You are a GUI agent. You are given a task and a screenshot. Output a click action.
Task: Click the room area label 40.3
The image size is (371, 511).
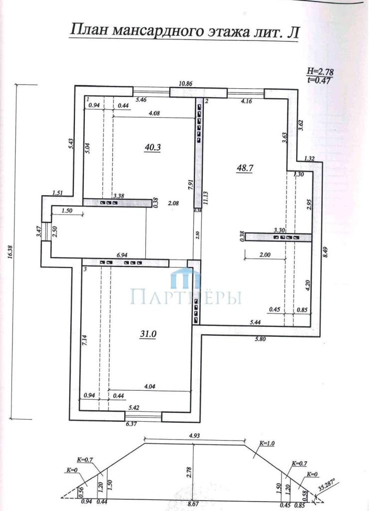pos(153,147)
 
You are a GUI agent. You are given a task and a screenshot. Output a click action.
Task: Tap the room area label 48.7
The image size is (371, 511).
pos(245,168)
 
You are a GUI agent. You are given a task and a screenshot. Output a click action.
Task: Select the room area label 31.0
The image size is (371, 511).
pos(148,333)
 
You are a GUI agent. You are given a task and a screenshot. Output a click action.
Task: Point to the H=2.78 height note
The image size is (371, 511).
pos(321,71)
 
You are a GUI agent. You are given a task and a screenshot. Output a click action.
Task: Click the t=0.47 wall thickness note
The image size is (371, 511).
pos(321,79)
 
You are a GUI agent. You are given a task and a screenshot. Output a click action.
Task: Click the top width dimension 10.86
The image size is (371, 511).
pos(186,83)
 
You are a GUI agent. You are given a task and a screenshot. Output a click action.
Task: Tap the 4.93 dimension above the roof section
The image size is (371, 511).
pos(195,435)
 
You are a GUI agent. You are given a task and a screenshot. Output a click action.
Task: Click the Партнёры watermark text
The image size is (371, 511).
pos(186,296)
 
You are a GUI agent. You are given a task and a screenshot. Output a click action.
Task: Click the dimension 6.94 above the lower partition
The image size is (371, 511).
pos(122,255)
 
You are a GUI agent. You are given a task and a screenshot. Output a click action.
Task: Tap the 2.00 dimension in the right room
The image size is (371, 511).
pos(265,255)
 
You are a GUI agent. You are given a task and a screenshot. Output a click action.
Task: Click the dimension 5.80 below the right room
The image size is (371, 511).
pos(261,339)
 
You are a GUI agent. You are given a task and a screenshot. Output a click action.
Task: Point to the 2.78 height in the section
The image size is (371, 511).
pos(189,473)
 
